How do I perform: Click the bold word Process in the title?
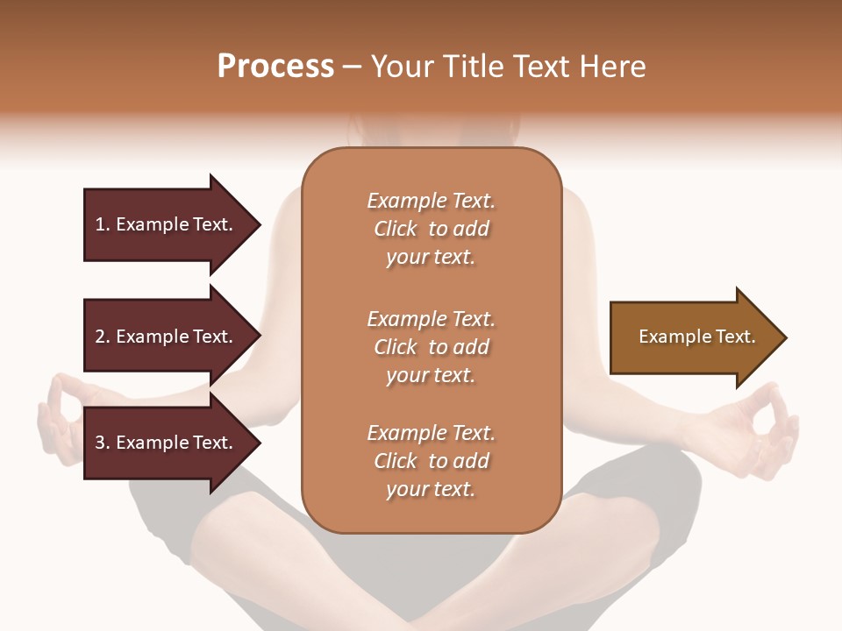(x=275, y=67)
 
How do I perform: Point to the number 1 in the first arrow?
(x=100, y=224)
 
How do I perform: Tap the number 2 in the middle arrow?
(x=100, y=337)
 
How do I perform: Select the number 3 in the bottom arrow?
(x=100, y=443)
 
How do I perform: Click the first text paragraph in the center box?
(x=431, y=229)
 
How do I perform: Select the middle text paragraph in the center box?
(x=431, y=346)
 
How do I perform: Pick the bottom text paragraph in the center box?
(x=431, y=461)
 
